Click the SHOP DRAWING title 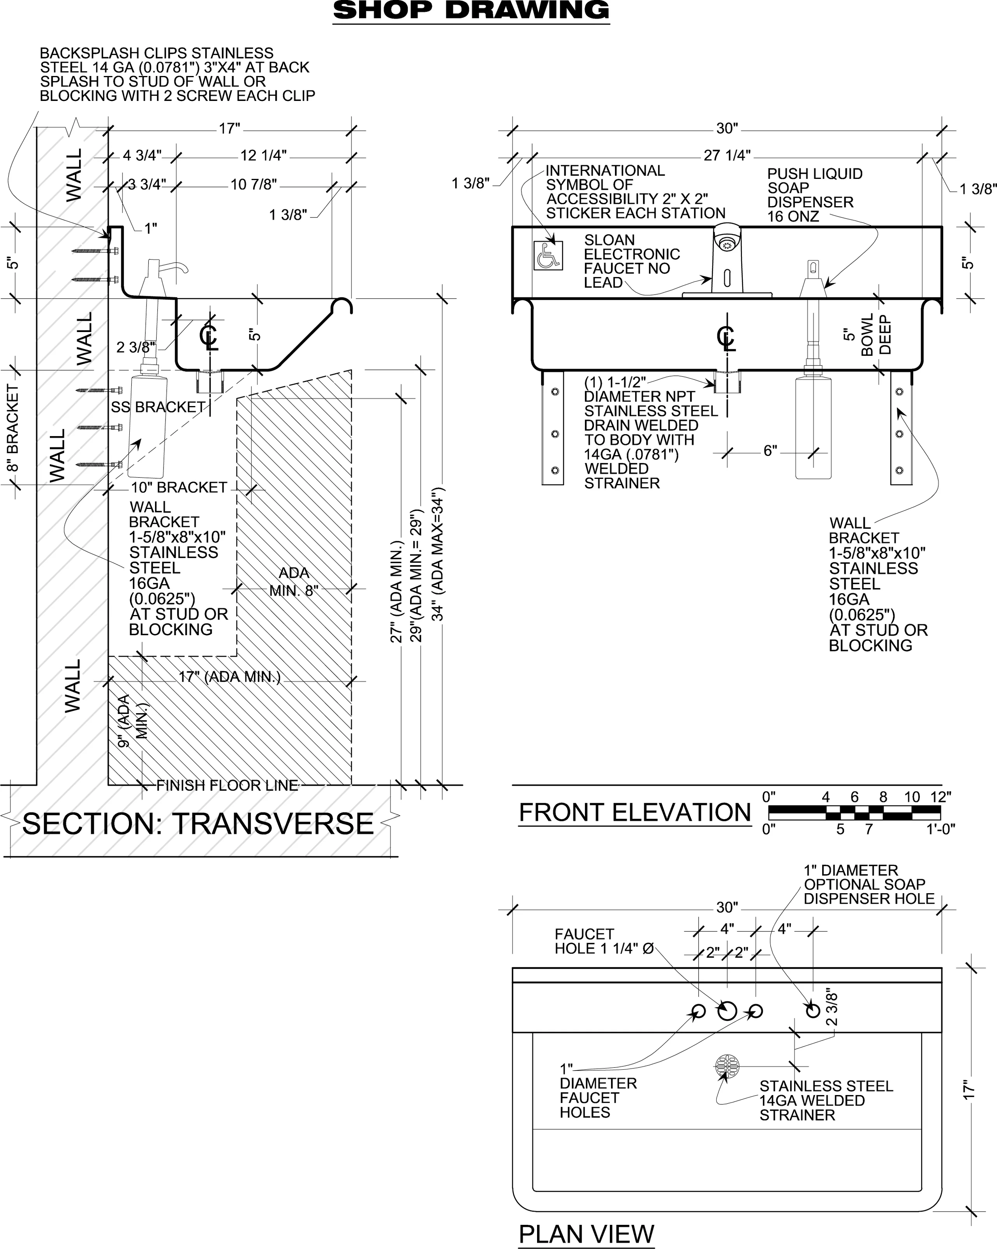point(471,11)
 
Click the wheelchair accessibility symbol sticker point(548,256)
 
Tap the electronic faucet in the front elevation point(727,258)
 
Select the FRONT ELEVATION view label point(634,812)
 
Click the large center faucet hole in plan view point(727,1011)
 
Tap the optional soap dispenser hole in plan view point(813,1011)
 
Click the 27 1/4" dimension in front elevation point(727,155)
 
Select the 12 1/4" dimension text point(263,155)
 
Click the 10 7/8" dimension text point(254,185)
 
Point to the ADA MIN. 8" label point(294,581)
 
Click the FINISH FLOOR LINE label point(227,786)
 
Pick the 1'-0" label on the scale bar point(940,830)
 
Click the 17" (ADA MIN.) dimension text point(229,677)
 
